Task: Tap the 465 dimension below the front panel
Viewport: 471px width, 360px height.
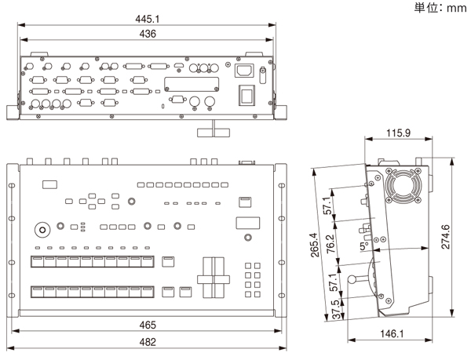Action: [x=148, y=324]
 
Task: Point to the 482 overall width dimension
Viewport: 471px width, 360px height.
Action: [x=148, y=342]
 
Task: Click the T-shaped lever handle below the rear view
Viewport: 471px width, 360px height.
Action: [x=210, y=130]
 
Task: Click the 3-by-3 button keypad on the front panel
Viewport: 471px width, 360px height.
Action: [x=254, y=275]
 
